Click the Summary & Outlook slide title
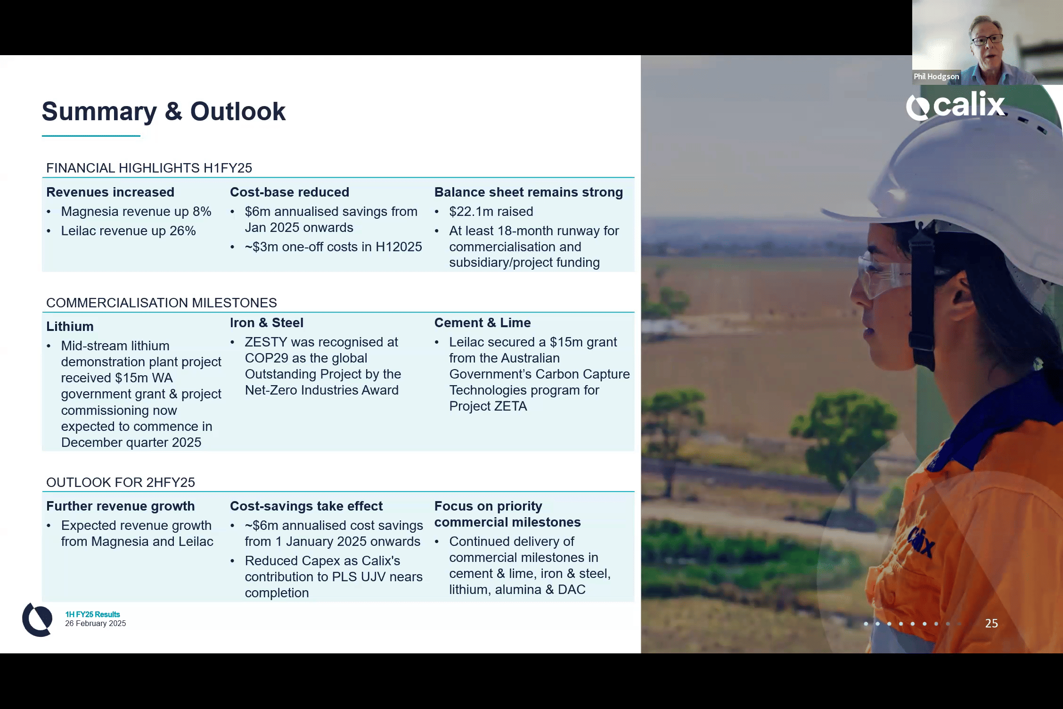[164, 111]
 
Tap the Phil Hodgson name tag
[936, 76]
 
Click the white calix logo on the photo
[955, 106]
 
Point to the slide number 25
[991, 623]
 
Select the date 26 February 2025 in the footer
[96, 623]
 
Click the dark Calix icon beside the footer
[37, 619]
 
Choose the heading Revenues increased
[110, 192]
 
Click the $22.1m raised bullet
[491, 211]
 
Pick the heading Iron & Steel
[267, 322]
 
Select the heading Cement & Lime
[482, 322]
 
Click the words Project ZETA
[488, 406]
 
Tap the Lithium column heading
[70, 326]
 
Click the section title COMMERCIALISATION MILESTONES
[162, 303]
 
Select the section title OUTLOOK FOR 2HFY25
[121, 482]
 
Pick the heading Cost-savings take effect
[306, 506]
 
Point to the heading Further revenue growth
[121, 506]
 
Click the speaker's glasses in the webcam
[987, 40]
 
